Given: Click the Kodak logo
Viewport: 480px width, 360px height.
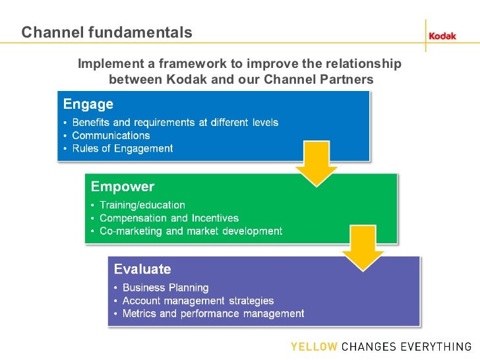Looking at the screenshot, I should (x=442, y=36).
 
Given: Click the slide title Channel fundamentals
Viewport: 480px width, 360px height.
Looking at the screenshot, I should (x=107, y=32).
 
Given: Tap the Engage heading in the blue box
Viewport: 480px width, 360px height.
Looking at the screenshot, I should (x=88, y=104).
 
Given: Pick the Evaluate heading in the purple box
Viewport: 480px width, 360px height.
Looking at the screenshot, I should (x=142, y=269).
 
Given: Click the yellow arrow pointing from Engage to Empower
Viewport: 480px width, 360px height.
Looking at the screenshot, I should (x=316, y=164).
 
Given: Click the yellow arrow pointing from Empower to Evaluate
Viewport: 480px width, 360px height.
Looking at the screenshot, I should (x=362, y=247).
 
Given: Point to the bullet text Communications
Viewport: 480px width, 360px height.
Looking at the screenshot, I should (x=111, y=136).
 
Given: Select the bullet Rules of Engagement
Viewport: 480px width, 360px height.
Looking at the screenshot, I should (x=122, y=148).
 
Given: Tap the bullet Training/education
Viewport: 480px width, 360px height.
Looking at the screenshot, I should (x=142, y=206).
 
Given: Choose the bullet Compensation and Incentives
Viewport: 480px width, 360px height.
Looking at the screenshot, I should (x=169, y=218).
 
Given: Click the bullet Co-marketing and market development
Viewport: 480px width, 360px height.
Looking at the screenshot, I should (x=191, y=231).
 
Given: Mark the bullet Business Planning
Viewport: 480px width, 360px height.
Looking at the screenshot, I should (x=165, y=288).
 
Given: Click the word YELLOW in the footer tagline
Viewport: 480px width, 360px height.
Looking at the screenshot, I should (x=314, y=347).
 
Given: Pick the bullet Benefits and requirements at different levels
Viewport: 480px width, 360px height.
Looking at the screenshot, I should (x=175, y=123).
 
